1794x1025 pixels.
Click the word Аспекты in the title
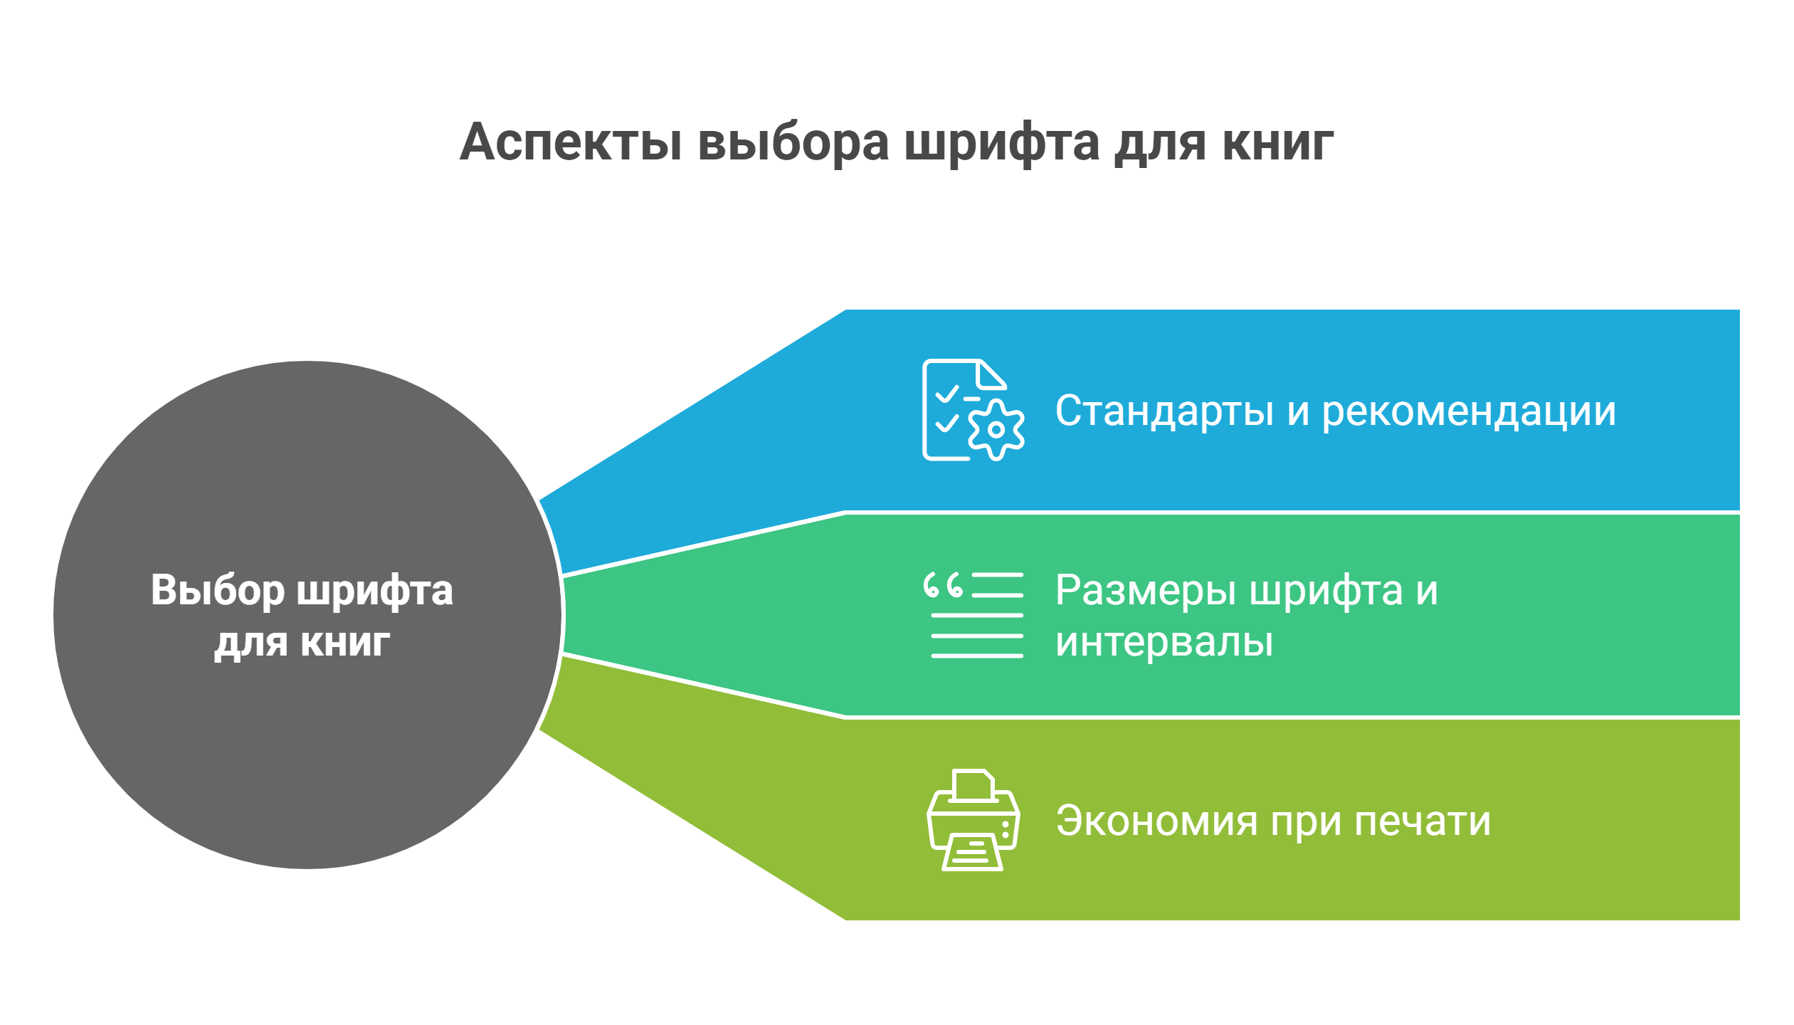(x=571, y=142)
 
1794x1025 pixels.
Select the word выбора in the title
(x=793, y=142)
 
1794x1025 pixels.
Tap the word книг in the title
(x=1277, y=142)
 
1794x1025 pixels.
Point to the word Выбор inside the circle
(x=217, y=590)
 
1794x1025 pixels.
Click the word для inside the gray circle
(x=250, y=643)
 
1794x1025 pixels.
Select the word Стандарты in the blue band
(x=1164, y=411)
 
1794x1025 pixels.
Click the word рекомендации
(x=1470, y=412)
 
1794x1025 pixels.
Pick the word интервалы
(x=1164, y=642)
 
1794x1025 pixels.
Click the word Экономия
(x=1157, y=821)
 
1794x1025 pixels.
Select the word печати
(x=1422, y=821)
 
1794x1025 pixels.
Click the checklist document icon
(x=973, y=410)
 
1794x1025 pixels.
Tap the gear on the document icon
(x=996, y=429)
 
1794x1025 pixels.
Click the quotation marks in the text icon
(x=943, y=584)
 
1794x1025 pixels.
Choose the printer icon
(x=973, y=820)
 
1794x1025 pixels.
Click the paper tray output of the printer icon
(x=973, y=852)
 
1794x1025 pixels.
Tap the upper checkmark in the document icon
(x=947, y=394)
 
